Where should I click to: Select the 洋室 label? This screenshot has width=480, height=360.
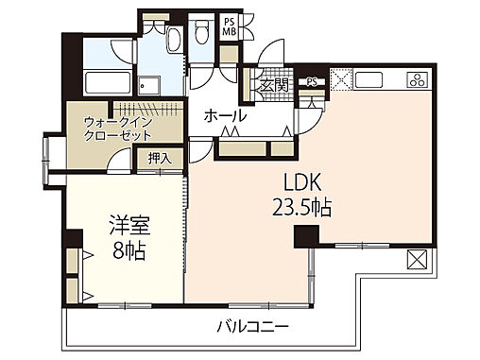pyautogui.click(x=130, y=228)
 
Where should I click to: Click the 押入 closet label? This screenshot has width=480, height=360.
pyautogui.click(x=160, y=159)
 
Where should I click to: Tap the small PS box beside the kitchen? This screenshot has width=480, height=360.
pyautogui.click(x=312, y=82)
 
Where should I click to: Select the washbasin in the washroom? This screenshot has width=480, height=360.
pyautogui.click(x=174, y=39)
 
